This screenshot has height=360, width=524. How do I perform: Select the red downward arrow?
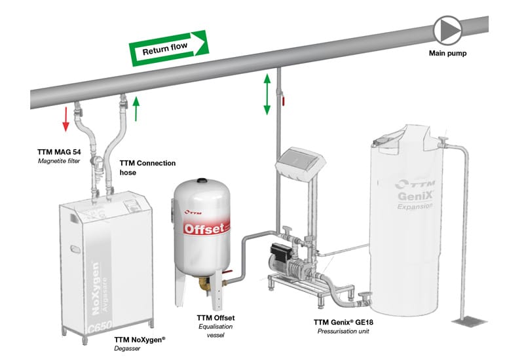point(65,117)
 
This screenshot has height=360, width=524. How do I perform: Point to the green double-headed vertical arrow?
point(267,95)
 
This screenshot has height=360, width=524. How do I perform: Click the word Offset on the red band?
point(204,228)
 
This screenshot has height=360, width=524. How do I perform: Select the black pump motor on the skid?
point(280,249)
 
